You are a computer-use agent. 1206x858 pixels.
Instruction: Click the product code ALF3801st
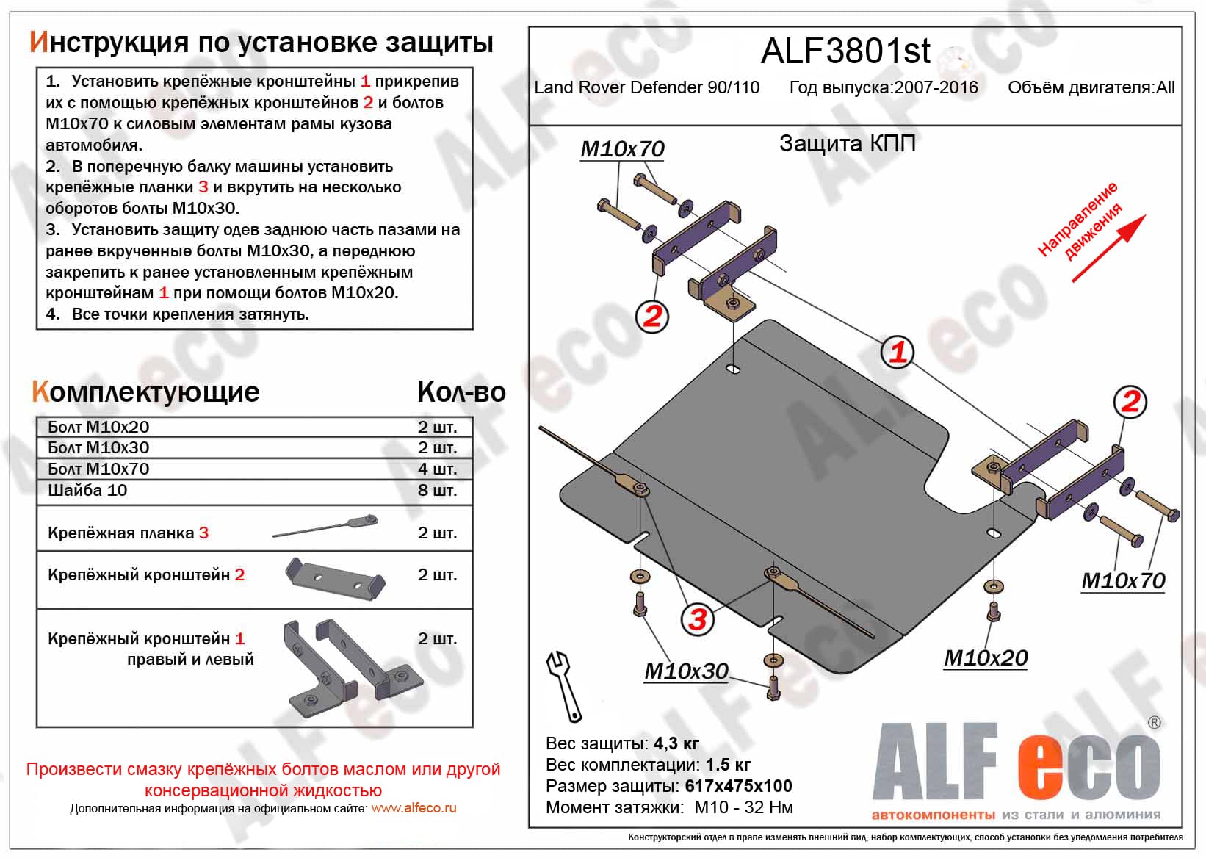(845, 51)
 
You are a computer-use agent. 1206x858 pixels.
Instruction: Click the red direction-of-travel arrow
(1108, 248)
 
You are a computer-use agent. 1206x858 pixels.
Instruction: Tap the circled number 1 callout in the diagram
(897, 352)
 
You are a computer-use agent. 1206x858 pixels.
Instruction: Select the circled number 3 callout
(697, 619)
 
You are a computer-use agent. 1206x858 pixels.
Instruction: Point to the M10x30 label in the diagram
(686, 671)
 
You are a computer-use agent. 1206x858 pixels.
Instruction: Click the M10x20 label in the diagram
(986, 658)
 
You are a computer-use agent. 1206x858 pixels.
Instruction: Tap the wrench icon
(563, 686)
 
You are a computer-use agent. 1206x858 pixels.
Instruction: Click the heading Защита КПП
(847, 143)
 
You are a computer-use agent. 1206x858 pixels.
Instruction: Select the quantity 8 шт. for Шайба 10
(437, 490)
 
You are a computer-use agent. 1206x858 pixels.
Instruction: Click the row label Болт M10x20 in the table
(98, 427)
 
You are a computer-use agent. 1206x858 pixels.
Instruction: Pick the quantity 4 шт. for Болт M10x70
(437, 469)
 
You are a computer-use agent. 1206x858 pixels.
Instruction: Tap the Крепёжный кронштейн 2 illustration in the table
(335, 577)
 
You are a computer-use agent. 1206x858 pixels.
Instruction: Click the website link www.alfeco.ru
(414, 808)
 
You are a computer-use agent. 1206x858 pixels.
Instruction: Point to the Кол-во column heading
(461, 392)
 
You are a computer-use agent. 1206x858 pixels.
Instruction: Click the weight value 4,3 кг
(676, 743)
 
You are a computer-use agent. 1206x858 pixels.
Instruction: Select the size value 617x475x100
(738, 786)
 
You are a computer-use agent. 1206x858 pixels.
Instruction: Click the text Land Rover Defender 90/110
(646, 87)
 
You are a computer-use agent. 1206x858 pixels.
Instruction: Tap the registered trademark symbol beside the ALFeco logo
(1154, 723)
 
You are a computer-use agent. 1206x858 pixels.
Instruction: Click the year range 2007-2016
(936, 87)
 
